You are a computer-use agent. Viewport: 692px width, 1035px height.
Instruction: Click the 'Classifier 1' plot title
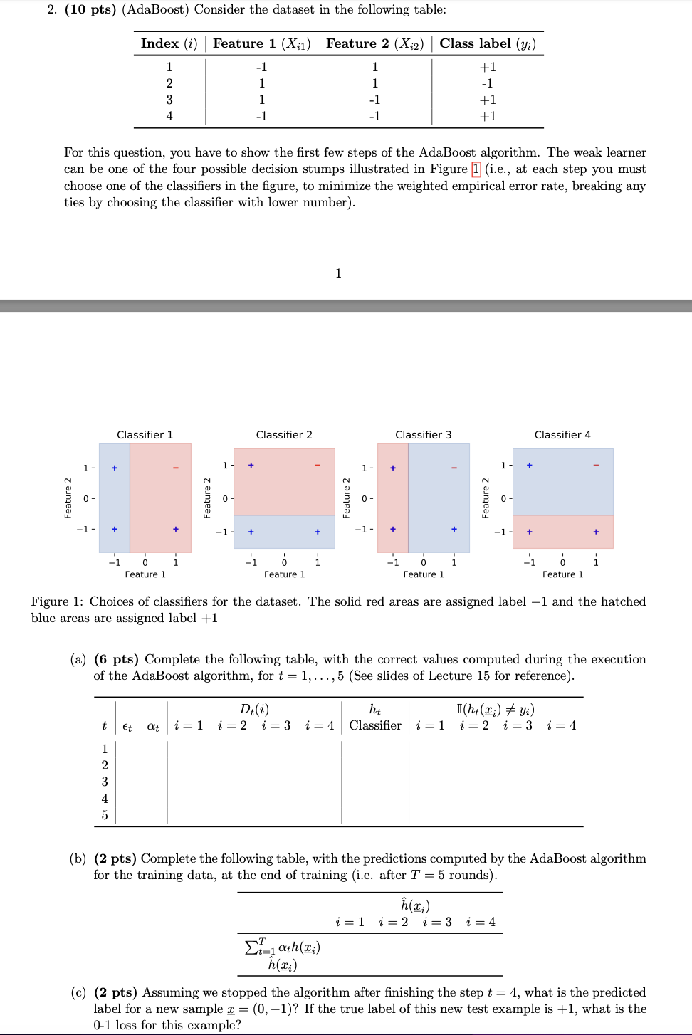(x=145, y=435)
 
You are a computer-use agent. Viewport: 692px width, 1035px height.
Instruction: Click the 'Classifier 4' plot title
(x=562, y=435)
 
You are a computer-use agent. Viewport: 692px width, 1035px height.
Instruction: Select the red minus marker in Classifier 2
(x=318, y=466)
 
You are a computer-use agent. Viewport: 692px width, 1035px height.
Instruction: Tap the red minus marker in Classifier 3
(x=454, y=468)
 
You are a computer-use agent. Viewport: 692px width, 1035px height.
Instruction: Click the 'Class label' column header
(x=487, y=43)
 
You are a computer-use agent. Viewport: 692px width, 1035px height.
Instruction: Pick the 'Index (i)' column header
(x=169, y=43)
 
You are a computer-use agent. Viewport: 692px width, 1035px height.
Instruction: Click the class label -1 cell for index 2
(x=487, y=83)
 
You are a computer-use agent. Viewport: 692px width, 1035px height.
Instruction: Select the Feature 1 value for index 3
(x=261, y=100)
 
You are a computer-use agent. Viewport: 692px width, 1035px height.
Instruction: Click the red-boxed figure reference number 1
(x=476, y=169)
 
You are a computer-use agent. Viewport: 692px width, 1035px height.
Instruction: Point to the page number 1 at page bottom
(x=338, y=273)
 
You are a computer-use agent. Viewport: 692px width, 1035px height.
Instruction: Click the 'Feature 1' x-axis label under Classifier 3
(x=423, y=574)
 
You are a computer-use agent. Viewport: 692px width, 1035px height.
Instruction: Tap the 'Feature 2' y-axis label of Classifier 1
(x=68, y=498)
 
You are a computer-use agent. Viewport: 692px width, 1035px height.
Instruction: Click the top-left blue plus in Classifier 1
(x=114, y=468)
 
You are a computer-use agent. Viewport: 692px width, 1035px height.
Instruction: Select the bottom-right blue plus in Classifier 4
(x=596, y=532)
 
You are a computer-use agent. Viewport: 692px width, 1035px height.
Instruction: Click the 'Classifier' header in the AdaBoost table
(x=375, y=725)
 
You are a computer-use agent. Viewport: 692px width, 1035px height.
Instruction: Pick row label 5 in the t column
(x=105, y=815)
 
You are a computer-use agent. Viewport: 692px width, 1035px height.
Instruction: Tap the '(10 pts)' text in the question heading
(x=90, y=9)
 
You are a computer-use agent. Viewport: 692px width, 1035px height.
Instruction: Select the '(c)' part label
(x=78, y=992)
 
